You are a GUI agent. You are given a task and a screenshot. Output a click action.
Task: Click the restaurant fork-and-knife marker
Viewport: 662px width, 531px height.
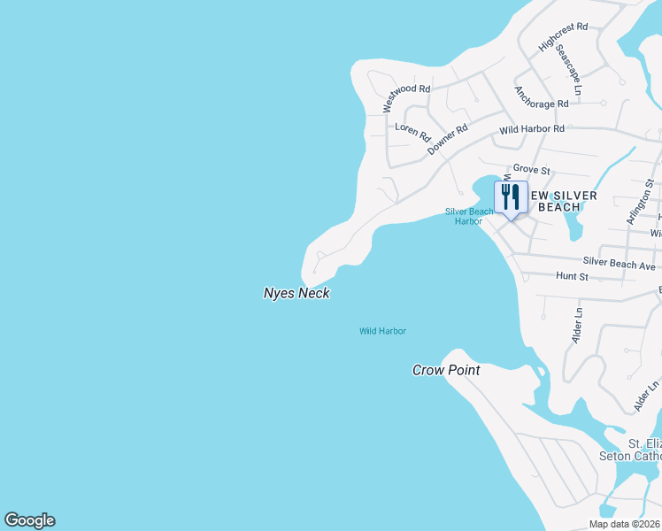coord(511,196)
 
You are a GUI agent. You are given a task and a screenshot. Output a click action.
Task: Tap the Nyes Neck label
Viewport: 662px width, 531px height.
coord(296,293)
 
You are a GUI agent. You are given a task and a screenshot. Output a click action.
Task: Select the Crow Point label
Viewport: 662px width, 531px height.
coord(446,370)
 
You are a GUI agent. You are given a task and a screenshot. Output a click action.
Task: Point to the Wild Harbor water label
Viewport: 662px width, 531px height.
coord(382,331)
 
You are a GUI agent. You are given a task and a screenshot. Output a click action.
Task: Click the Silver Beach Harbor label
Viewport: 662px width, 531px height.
coord(469,216)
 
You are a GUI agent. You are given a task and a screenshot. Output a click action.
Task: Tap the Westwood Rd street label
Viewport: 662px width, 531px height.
coord(406,97)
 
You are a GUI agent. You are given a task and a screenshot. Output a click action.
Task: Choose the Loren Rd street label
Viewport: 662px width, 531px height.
coord(412,133)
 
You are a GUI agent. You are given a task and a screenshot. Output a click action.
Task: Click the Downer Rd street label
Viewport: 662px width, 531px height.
coord(447,140)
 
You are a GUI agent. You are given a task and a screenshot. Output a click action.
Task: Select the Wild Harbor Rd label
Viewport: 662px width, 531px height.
coord(531,129)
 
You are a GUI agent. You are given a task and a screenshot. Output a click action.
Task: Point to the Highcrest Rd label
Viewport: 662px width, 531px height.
coord(563,37)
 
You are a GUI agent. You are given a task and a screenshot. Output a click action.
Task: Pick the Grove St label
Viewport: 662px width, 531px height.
coord(532,169)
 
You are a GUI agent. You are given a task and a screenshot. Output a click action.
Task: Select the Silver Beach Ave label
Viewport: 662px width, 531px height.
coord(619,264)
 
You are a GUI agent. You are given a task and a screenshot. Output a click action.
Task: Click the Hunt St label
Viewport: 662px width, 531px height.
coord(572,277)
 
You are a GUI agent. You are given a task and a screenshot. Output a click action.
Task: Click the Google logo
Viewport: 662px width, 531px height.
coord(29,520)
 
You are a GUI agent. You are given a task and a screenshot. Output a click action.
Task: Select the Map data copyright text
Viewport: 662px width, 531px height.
coord(625,524)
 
